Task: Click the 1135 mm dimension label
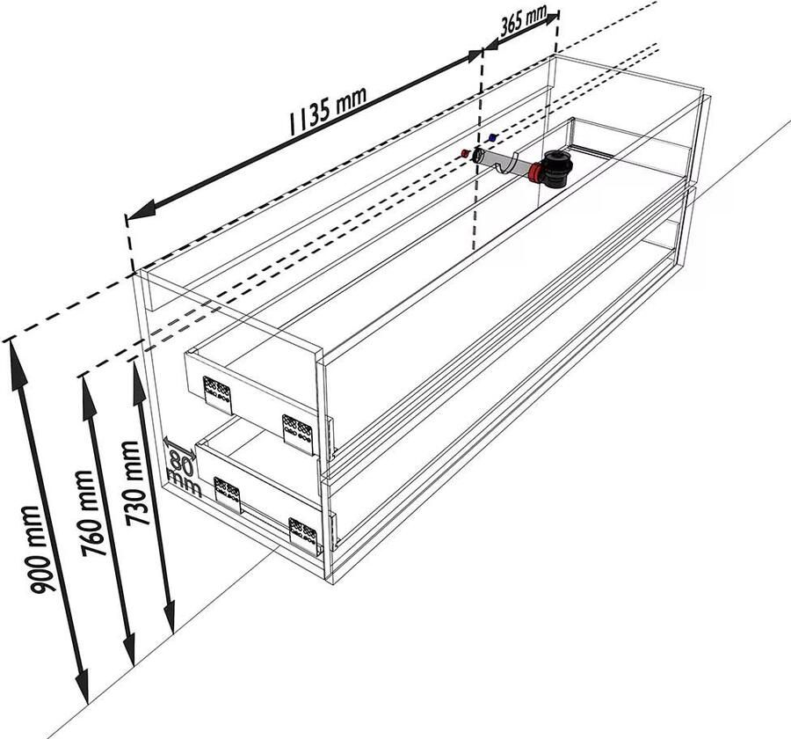tap(327, 110)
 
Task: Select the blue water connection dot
tap(493, 137)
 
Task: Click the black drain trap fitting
tap(556, 169)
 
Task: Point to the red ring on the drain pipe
tap(534, 172)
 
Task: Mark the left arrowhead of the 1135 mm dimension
tap(139, 211)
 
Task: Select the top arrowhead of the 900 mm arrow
tap(15, 360)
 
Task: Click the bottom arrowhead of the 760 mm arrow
tap(130, 648)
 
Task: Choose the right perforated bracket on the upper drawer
tap(298, 433)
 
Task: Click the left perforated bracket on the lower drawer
tap(228, 494)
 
